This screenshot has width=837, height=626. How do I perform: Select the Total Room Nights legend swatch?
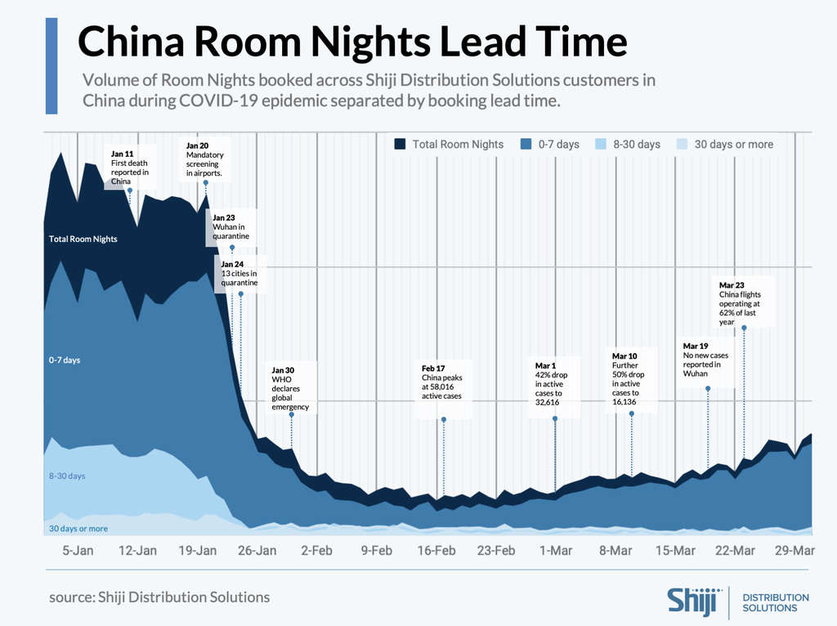[400, 145]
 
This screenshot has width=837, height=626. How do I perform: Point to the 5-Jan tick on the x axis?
[78, 551]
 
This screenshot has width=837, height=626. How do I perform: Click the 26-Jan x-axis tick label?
[257, 551]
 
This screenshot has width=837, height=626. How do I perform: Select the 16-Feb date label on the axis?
[436, 551]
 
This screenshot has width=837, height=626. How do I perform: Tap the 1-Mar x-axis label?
[555, 551]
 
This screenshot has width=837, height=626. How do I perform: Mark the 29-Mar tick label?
[794, 551]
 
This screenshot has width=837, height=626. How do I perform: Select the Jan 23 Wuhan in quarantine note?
[230, 227]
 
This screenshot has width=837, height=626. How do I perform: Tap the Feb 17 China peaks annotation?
[441, 382]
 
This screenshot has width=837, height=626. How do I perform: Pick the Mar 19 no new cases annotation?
[705, 360]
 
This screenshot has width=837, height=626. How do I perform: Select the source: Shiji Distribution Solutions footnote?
[159, 597]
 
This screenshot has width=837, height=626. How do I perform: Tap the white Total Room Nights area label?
[83, 239]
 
